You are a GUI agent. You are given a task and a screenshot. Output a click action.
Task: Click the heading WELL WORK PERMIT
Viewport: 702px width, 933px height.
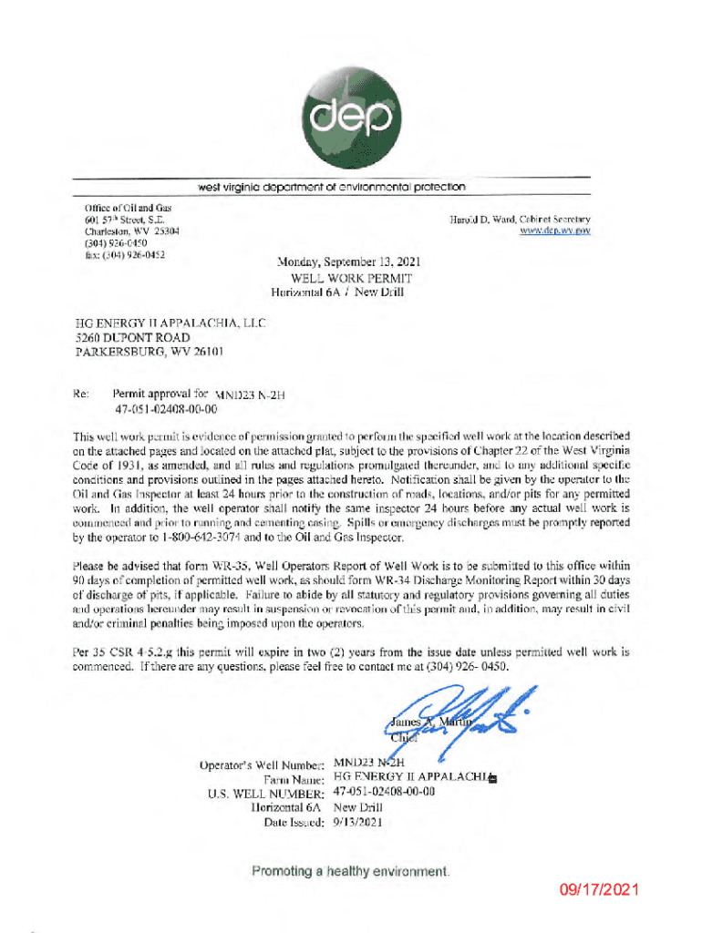(x=351, y=278)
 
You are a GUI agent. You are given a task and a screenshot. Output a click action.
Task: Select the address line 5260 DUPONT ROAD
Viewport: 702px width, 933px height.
(x=133, y=337)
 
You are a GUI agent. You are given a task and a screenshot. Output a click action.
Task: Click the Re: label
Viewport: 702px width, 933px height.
(x=84, y=395)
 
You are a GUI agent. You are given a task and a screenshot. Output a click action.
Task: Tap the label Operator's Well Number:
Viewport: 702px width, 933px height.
(x=260, y=764)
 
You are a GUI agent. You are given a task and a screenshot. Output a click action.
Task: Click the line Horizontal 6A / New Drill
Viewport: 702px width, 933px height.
(x=338, y=292)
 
